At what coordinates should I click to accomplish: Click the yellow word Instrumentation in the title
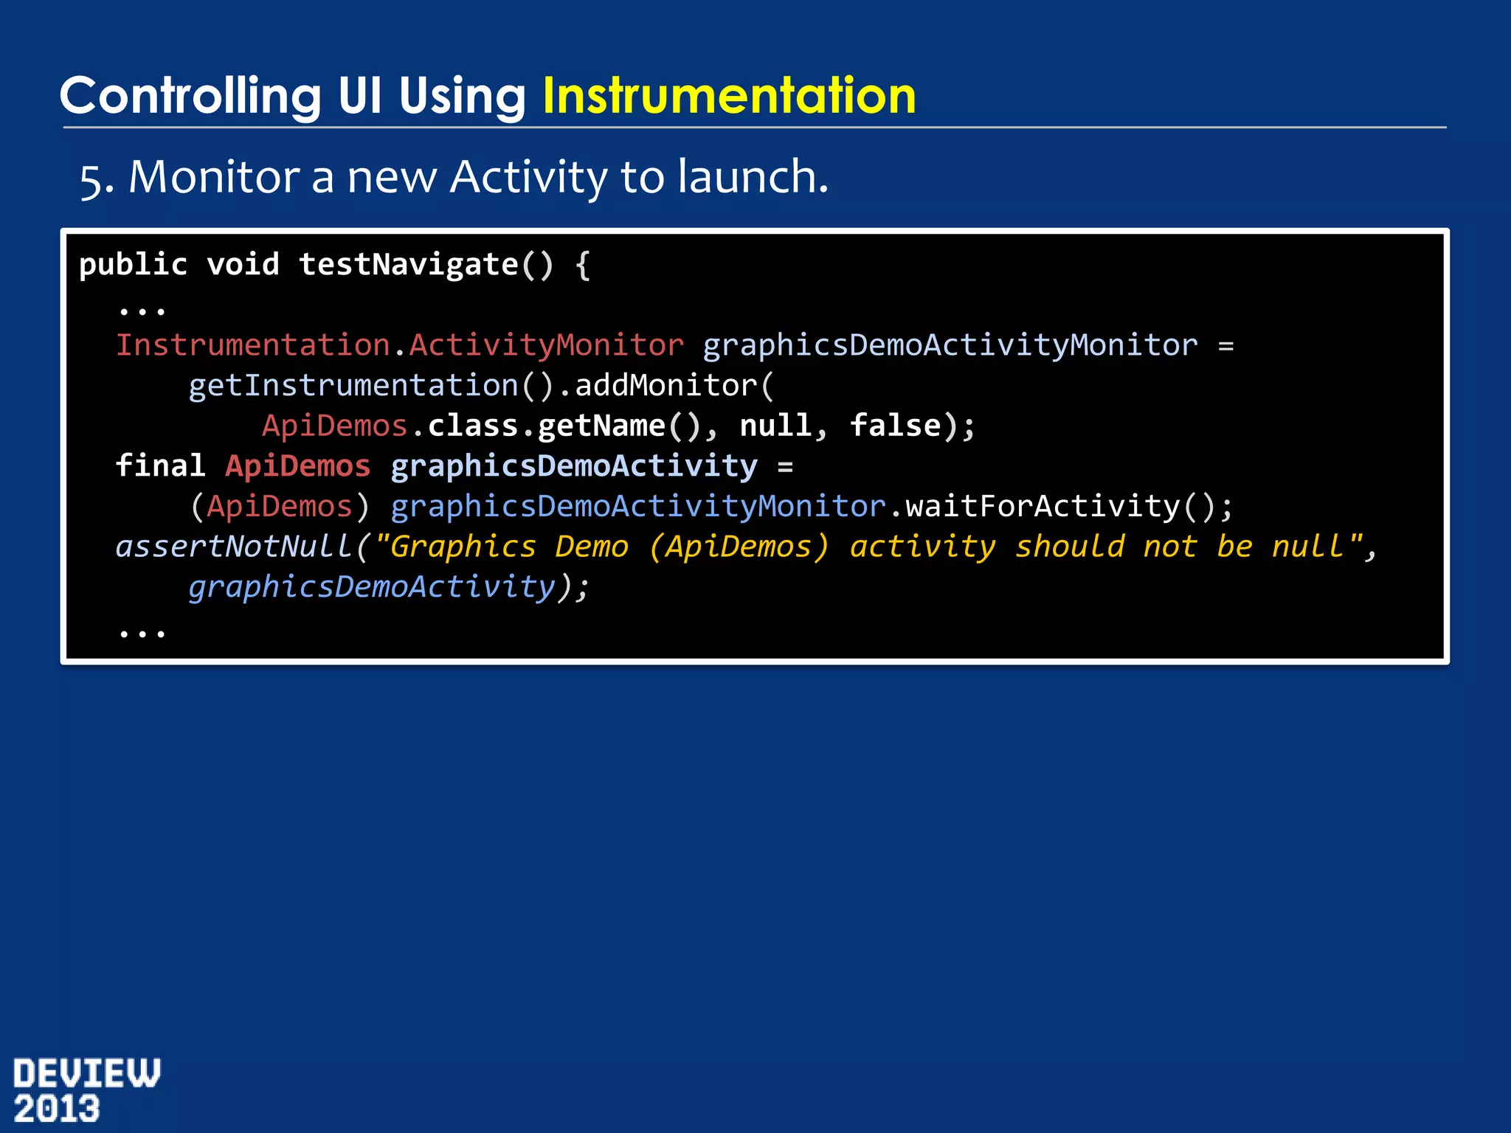[729, 96]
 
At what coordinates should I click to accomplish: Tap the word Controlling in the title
[190, 96]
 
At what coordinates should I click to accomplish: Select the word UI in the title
[360, 96]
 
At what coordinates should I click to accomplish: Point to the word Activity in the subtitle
[528, 178]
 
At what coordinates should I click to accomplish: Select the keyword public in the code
[134, 265]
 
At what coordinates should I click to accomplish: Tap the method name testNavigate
[409, 265]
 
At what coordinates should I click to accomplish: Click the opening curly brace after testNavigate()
[582, 265]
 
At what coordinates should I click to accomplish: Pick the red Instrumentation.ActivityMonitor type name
[400, 345]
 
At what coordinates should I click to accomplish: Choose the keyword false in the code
[895, 426]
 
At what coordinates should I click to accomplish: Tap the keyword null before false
[775, 426]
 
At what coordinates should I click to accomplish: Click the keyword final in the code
[160, 466]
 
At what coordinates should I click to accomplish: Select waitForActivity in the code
[1043, 506]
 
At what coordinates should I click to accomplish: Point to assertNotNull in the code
[233, 547]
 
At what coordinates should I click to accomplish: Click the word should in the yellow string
[1069, 547]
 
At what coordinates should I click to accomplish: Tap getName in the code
[601, 426]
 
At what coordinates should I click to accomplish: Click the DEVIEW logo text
[86, 1073]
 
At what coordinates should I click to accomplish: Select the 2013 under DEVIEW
[57, 1109]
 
